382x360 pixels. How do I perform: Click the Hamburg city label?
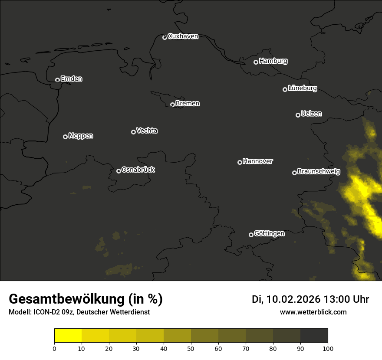coord(273,61)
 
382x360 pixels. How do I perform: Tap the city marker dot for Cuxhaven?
coord(165,37)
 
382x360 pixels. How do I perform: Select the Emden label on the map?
coord(71,79)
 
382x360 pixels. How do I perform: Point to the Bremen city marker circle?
coord(172,105)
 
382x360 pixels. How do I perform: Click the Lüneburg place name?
coord(302,88)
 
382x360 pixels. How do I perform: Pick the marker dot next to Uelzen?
coord(298,115)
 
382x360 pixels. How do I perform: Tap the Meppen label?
coord(80,136)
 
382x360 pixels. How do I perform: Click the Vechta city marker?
coord(133,132)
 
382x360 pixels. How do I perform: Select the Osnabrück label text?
coord(138,170)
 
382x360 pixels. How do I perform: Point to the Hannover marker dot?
coord(240,162)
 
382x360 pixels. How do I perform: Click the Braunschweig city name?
coord(319,172)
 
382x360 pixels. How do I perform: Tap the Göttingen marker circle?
coord(251,235)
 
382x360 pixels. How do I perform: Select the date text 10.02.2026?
coord(293,299)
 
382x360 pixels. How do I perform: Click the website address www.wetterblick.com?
coord(313,312)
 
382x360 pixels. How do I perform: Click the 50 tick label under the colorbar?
coord(191,348)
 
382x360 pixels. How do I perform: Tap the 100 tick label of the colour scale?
coord(328,348)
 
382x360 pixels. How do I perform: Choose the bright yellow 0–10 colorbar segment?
coord(68,336)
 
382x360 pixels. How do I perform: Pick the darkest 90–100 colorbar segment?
coord(314,336)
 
